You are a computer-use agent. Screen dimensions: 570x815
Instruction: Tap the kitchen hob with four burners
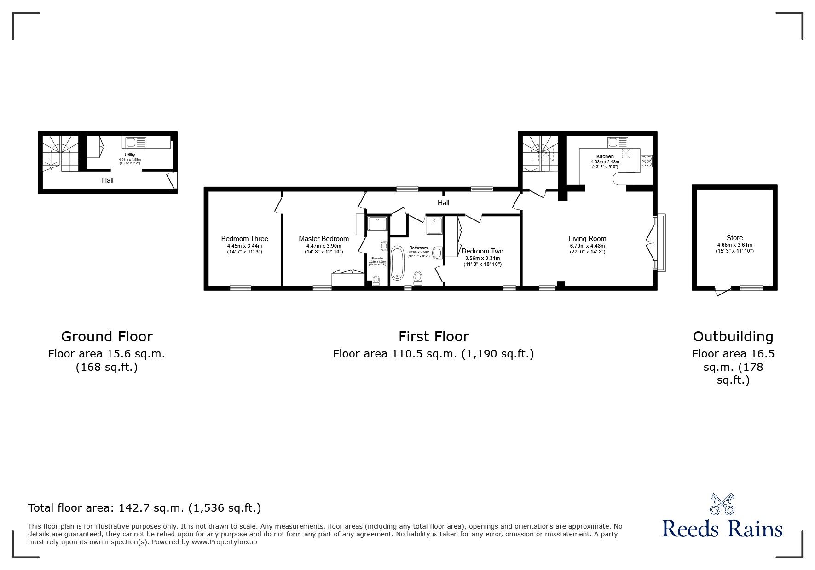pyautogui.click(x=646, y=161)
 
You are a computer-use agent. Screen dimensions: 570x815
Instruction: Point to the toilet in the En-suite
pyautogui.click(x=376, y=280)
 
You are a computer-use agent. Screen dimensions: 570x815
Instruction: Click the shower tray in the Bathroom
pyautogui.click(x=433, y=225)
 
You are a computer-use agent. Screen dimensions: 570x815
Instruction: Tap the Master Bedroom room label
pyautogui.click(x=324, y=239)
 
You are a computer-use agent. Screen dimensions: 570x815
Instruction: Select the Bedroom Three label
pyautogui.click(x=244, y=239)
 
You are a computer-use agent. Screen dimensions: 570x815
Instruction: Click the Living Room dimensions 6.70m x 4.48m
pyautogui.click(x=587, y=246)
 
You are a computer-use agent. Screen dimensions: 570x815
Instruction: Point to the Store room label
pyautogui.click(x=734, y=238)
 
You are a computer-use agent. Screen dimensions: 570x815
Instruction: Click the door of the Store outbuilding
pyautogui.click(x=723, y=291)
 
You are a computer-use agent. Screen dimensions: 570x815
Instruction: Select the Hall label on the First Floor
pyautogui.click(x=443, y=203)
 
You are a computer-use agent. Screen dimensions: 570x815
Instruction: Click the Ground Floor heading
pyautogui.click(x=106, y=336)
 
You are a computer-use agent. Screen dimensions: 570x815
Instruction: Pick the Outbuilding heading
pyautogui.click(x=733, y=336)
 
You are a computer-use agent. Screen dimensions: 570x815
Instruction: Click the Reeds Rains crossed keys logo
pyautogui.click(x=723, y=504)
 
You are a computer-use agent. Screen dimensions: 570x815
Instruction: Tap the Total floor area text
pyautogui.click(x=145, y=508)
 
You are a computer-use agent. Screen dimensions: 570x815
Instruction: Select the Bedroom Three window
pyautogui.click(x=241, y=288)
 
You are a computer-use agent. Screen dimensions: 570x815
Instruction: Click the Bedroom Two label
pyautogui.click(x=482, y=251)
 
